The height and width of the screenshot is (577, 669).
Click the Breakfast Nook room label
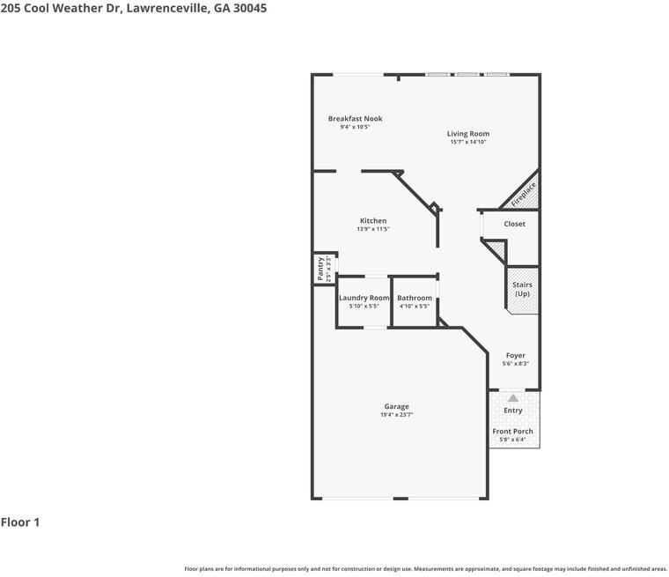(x=355, y=119)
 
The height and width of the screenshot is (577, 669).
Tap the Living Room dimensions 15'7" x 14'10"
(x=468, y=142)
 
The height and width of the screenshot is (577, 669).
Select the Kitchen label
(x=373, y=221)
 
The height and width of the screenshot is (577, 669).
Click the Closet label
(x=515, y=224)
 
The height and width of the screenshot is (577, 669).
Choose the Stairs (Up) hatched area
(x=522, y=291)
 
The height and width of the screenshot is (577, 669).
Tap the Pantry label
(x=320, y=269)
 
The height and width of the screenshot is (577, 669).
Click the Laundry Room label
(x=364, y=298)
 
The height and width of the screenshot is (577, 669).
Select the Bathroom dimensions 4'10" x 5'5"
(x=415, y=307)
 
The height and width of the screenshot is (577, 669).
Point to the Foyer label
(x=516, y=355)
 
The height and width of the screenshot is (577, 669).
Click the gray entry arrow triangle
(x=513, y=398)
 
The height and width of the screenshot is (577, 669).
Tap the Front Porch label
(x=512, y=432)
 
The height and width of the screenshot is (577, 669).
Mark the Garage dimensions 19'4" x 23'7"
(x=397, y=415)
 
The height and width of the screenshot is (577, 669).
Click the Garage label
(x=397, y=407)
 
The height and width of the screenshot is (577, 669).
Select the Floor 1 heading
(x=20, y=522)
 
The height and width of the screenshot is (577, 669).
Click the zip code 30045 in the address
(x=250, y=8)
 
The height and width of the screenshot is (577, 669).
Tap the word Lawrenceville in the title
(x=167, y=8)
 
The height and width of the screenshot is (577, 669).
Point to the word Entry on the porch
(x=513, y=411)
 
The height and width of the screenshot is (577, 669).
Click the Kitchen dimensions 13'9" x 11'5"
(x=373, y=229)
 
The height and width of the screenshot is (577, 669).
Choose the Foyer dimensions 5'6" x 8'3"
(x=516, y=364)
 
